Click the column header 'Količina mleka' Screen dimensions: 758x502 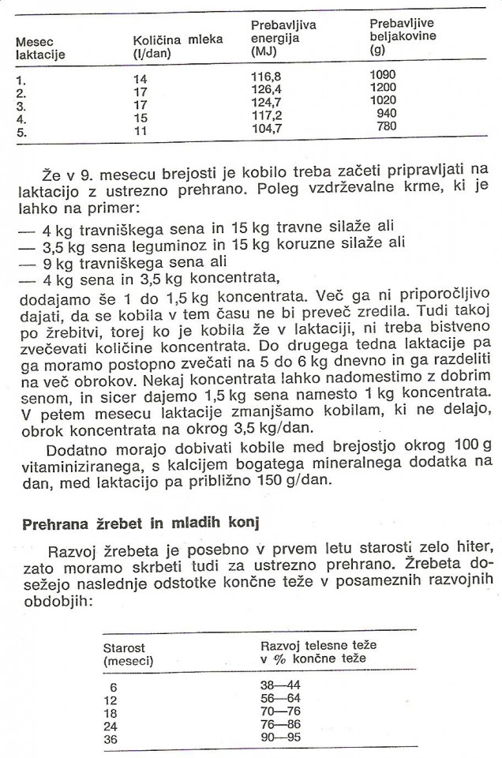point(177,45)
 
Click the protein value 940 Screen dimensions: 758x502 point(387,113)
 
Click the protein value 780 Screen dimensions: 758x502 point(387,126)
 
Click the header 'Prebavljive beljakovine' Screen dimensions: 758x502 point(403,36)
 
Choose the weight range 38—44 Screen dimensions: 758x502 point(280,685)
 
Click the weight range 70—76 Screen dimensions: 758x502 point(280,711)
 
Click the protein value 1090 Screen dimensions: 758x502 point(382,75)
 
